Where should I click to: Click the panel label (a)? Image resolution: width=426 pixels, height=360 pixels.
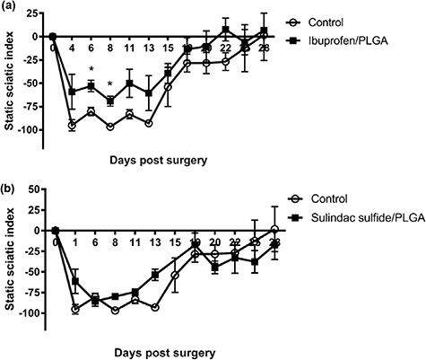[10, 7]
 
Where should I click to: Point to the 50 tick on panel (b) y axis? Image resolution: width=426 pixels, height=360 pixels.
[34, 190]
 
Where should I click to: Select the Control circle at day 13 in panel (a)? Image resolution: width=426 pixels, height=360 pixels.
[149, 123]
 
